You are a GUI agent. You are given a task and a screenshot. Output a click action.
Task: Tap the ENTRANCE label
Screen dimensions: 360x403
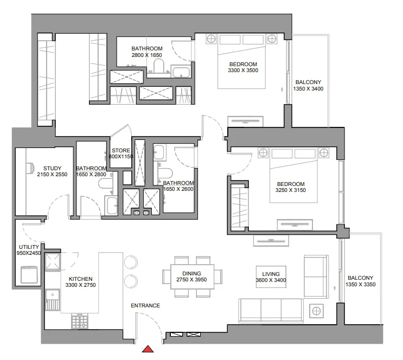tap(145, 306)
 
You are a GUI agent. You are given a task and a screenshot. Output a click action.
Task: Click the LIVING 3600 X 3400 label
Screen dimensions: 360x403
tap(271, 277)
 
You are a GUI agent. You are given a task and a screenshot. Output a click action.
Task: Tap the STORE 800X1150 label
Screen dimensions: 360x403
tap(120, 153)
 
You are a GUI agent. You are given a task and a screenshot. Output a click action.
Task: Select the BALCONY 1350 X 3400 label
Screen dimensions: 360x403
tap(308, 86)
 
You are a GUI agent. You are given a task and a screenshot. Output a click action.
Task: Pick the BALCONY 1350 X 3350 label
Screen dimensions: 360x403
tap(361, 280)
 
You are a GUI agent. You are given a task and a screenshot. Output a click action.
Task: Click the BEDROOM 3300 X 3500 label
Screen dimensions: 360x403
tap(242, 68)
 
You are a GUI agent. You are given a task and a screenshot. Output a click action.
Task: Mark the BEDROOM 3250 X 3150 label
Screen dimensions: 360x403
tap(291, 187)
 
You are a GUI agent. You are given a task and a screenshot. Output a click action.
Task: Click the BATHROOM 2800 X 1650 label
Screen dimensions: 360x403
tap(146, 52)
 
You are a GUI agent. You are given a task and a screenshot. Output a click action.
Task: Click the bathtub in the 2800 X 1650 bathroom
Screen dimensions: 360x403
tap(180, 73)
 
